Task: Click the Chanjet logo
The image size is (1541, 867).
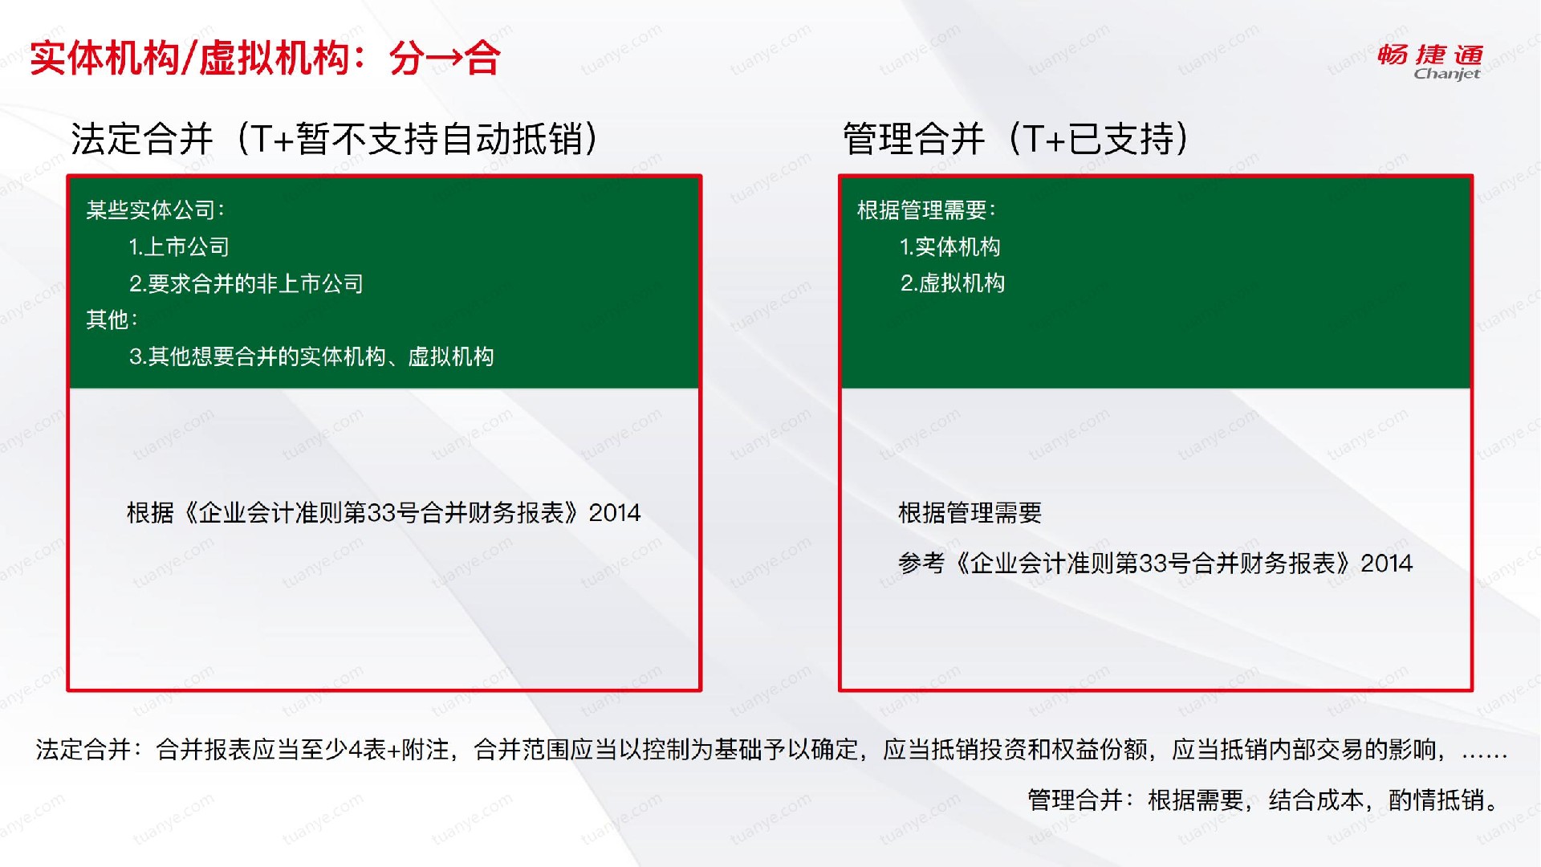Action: (1429, 62)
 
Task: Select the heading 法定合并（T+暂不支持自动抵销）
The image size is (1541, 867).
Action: (335, 139)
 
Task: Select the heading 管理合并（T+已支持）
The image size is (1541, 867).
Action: (1016, 139)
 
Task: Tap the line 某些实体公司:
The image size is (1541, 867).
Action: (156, 210)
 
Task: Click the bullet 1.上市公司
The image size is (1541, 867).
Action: (179, 246)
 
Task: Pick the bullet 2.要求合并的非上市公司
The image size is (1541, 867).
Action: (246, 283)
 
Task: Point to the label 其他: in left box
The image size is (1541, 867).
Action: (112, 320)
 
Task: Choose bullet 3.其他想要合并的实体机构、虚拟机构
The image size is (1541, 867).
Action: (311, 356)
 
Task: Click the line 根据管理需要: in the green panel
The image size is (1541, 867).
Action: (927, 210)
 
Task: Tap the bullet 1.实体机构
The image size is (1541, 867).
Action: (950, 246)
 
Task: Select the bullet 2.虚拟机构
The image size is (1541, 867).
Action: (953, 283)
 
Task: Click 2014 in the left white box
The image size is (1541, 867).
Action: (615, 513)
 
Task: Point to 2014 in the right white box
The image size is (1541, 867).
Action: (1387, 564)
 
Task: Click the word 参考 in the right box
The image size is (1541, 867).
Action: (921, 564)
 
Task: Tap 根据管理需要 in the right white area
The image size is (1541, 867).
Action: (970, 513)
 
